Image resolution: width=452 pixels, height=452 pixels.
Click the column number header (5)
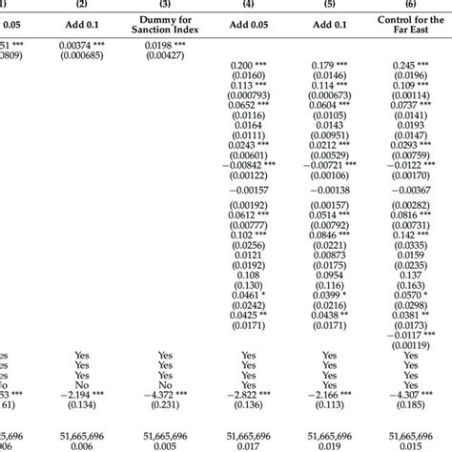[x=330, y=5]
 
